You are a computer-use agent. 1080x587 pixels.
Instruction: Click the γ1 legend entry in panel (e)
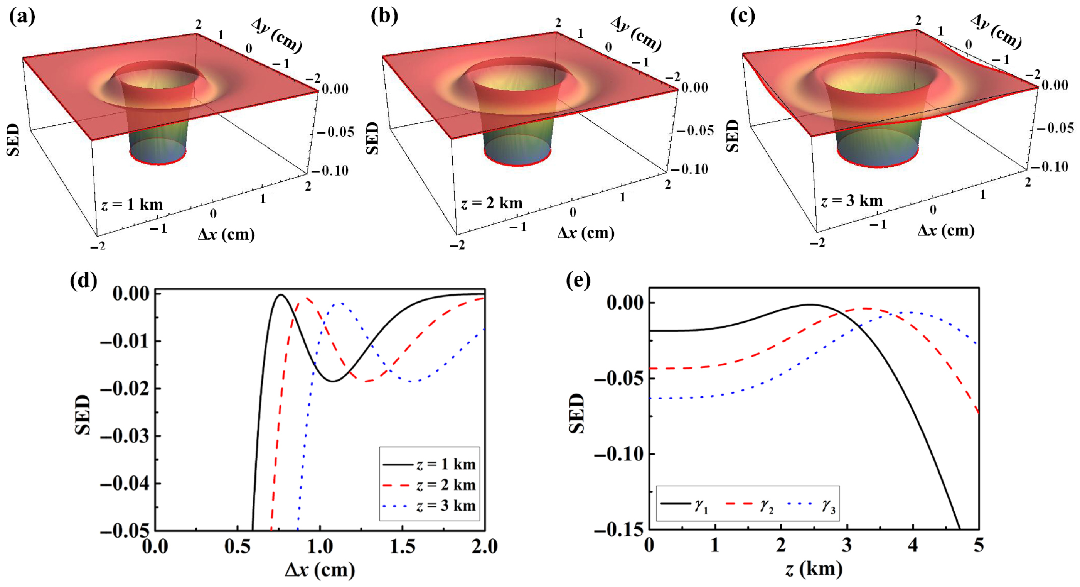(685, 505)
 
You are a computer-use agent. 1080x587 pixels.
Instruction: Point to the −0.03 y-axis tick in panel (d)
(125, 436)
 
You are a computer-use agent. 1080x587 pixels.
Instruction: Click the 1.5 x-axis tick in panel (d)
(403, 546)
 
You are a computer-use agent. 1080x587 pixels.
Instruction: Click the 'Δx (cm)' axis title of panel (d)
(320, 570)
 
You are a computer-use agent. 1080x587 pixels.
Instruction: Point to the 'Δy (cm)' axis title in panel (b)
(636, 34)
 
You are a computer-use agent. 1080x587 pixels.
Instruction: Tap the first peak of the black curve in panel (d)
(281, 295)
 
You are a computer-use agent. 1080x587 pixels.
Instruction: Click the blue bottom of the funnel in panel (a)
(158, 154)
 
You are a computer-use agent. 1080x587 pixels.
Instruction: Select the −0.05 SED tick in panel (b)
(693, 131)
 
